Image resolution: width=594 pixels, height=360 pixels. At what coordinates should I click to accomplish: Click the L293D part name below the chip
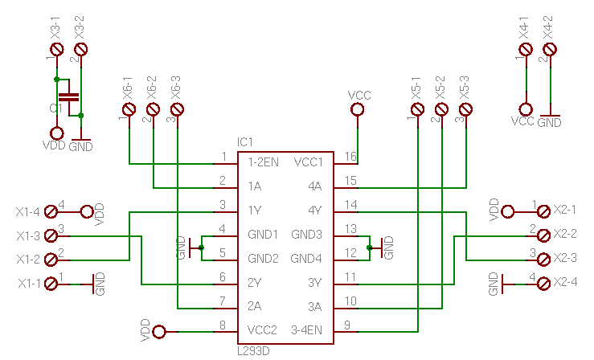(253, 351)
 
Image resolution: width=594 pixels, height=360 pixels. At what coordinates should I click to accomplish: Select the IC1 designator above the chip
(245, 142)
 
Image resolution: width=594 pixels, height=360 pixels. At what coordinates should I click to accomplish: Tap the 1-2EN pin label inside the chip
(264, 162)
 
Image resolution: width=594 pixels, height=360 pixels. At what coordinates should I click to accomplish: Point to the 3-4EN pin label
(306, 329)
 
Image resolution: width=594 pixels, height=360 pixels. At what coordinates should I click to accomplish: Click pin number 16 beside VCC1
(350, 157)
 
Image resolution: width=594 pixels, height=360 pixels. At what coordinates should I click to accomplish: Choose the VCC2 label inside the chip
(263, 329)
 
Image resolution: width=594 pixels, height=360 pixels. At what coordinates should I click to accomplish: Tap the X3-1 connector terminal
(56, 50)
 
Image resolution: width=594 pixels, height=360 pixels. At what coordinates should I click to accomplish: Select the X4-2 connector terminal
(550, 50)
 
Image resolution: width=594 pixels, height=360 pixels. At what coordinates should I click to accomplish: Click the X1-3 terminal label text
(27, 236)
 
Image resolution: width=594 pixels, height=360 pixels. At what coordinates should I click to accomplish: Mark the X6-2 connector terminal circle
(153, 112)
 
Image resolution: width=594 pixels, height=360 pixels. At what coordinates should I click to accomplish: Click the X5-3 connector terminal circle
(466, 112)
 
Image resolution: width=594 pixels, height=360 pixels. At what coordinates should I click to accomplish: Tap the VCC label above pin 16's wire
(359, 96)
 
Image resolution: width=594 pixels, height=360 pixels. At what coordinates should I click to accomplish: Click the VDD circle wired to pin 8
(159, 331)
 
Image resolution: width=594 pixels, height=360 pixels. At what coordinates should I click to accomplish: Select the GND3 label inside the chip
(306, 234)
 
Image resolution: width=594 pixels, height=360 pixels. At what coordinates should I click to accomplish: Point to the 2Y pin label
(255, 282)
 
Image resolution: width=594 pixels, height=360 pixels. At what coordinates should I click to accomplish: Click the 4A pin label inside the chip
(314, 186)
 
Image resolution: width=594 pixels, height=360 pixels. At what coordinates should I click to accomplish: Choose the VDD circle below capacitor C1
(56, 133)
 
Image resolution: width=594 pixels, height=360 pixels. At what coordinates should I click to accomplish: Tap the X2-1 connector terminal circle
(543, 211)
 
